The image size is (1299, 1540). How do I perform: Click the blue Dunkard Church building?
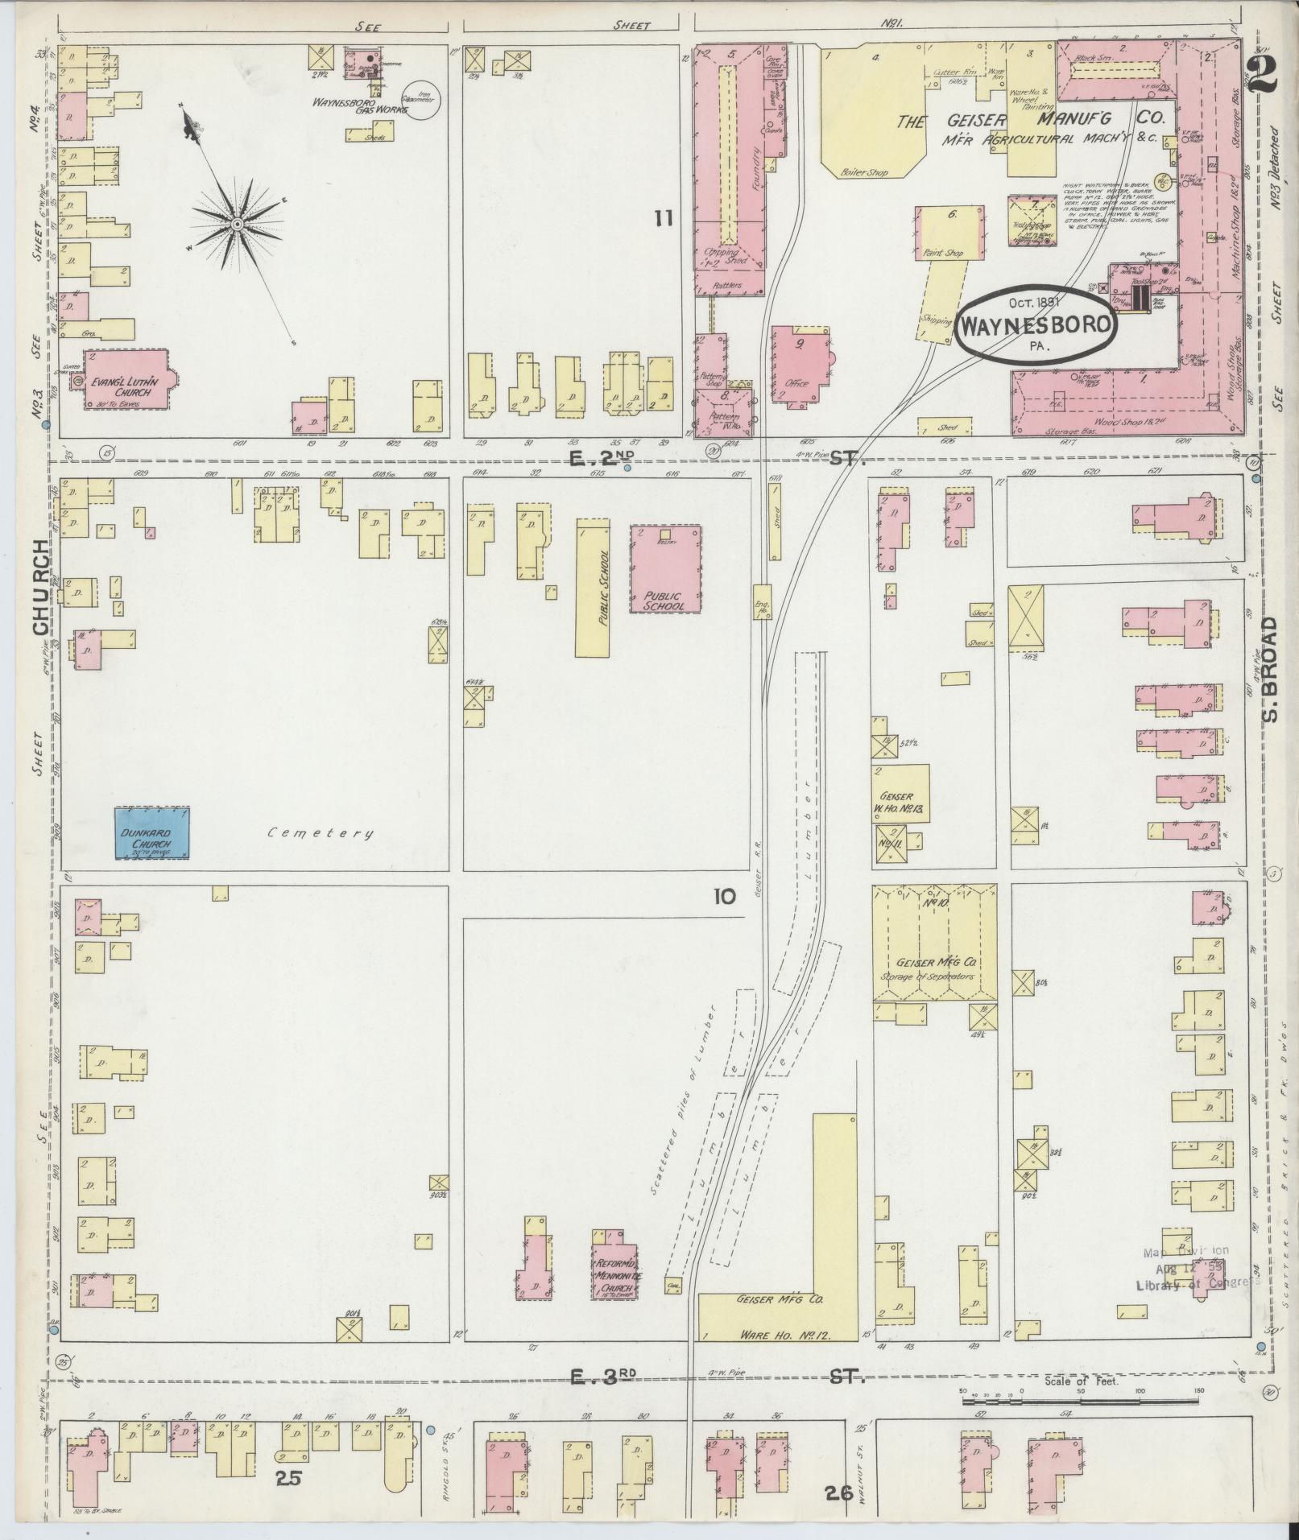point(151,832)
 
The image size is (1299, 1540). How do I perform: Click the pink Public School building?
point(665,568)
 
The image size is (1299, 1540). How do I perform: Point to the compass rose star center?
point(238,223)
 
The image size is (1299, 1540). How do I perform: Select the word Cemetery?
point(321,833)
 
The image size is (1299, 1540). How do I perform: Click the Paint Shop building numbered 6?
point(949,233)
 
